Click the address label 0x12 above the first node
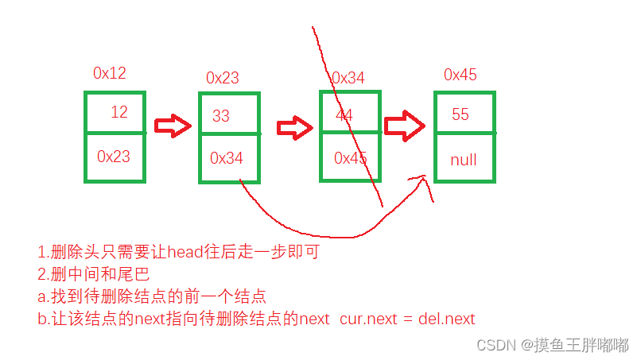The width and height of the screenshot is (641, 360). tap(110, 73)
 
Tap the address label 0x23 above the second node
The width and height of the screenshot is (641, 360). tap(223, 78)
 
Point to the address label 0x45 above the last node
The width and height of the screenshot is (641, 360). tap(460, 75)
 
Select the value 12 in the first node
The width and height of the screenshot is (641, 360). tap(118, 112)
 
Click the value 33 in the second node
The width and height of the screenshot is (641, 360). tap(221, 115)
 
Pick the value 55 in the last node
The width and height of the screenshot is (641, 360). tap(460, 114)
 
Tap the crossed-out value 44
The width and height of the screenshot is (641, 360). tap(344, 114)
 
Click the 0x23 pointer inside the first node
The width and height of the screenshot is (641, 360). tap(114, 157)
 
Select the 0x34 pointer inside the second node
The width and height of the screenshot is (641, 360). tap(227, 158)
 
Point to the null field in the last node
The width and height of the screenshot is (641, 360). tap(463, 160)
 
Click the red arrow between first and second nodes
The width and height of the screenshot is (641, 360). tap(173, 126)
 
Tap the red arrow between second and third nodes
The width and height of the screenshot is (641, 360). tap(296, 127)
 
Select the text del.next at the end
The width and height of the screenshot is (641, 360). tap(446, 319)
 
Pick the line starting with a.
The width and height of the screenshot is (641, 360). tap(151, 297)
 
